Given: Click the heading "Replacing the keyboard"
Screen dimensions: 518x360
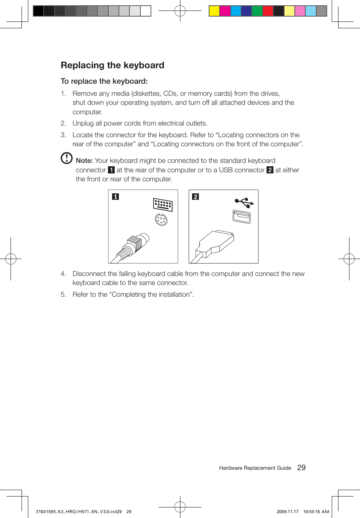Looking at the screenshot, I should point(112,65).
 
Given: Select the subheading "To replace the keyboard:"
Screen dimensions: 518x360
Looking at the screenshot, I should point(104,81).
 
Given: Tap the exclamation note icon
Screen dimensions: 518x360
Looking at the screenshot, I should point(66,158).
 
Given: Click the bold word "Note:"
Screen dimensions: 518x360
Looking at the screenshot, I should point(84,161).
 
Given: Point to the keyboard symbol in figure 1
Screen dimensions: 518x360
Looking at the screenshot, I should point(163,204).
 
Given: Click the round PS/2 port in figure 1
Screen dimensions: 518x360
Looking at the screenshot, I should point(161,219).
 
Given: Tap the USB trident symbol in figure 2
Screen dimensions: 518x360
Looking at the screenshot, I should point(244,202).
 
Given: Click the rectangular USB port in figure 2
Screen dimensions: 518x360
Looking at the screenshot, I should point(242,216).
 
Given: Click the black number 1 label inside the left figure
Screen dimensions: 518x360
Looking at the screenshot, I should point(115,196).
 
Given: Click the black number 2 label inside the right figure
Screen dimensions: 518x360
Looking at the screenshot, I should point(195,196).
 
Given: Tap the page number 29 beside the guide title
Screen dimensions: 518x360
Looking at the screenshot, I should point(301,467).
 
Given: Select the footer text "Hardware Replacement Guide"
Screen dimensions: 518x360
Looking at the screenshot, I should point(255,468).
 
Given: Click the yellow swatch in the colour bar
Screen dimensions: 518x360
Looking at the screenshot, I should point(214,11).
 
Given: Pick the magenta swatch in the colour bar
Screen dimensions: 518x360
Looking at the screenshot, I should point(225,11).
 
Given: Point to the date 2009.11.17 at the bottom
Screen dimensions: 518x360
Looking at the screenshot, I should point(287,512).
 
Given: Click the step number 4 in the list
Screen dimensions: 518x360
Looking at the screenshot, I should point(63,274).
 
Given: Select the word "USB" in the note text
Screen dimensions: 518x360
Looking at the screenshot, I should point(226,170).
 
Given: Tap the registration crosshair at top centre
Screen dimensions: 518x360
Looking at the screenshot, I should point(180,11).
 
